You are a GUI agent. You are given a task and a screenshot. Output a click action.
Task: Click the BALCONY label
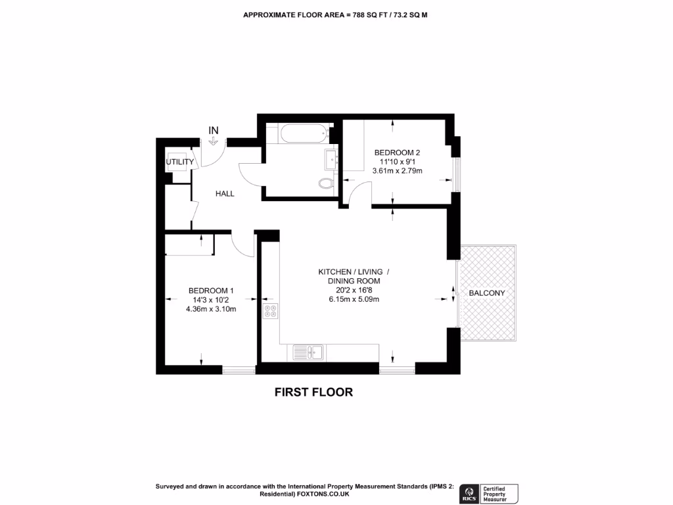pyautogui.click(x=487, y=293)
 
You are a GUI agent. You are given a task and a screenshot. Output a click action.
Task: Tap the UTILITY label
pyautogui.click(x=179, y=162)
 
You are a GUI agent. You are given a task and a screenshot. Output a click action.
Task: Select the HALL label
pyautogui.click(x=225, y=194)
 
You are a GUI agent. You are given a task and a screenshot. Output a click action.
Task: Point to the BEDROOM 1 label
pyautogui.click(x=211, y=291)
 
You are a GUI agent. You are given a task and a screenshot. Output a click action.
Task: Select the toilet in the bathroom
pyautogui.click(x=325, y=183)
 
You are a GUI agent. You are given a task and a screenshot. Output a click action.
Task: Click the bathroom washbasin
pyautogui.click(x=331, y=158)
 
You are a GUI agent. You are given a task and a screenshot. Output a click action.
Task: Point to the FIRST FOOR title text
pyautogui.click(x=313, y=393)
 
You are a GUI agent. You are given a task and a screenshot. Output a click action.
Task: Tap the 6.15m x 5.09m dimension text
pyautogui.click(x=354, y=299)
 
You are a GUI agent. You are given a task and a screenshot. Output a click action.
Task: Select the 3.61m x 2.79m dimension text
pyautogui.click(x=397, y=171)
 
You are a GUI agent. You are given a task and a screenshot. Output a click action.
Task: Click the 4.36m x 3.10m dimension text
pyautogui.click(x=211, y=309)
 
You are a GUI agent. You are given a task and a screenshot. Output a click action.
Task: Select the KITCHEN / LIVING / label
pyautogui.click(x=354, y=272)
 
